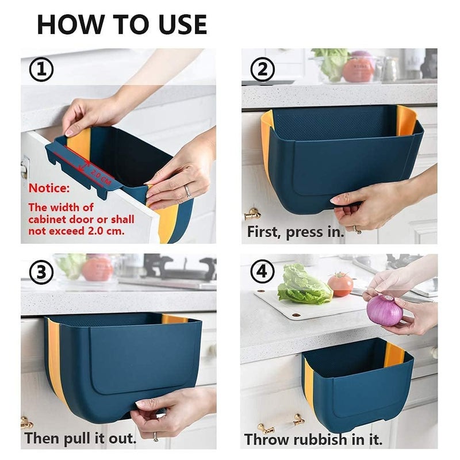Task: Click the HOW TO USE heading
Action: [121, 24]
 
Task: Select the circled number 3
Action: [41, 273]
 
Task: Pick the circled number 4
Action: [263, 273]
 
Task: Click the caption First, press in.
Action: [295, 232]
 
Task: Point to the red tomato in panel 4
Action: [340, 284]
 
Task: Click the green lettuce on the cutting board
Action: [303, 285]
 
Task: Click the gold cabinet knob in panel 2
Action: [252, 214]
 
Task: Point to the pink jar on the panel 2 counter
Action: [358, 68]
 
